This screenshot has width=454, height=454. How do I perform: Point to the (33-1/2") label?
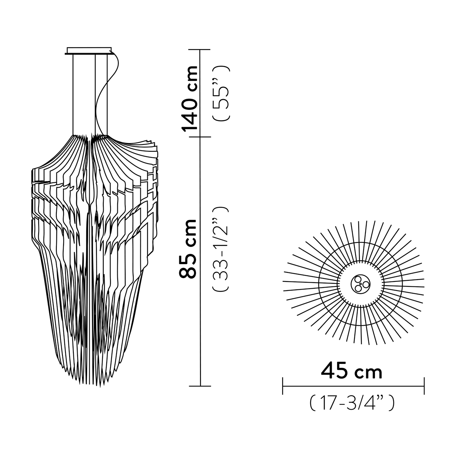(x=221, y=249)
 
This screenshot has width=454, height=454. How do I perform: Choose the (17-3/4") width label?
(x=352, y=403)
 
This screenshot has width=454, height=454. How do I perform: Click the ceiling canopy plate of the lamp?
(x=89, y=51)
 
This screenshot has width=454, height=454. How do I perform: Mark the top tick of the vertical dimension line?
(x=200, y=50)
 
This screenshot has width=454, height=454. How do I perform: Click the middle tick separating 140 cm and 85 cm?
(x=200, y=137)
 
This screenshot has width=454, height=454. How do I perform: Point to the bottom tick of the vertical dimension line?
(x=200, y=386)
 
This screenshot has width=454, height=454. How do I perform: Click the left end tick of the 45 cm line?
(x=283, y=386)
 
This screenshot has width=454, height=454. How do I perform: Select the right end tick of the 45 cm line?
(x=424, y=386)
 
